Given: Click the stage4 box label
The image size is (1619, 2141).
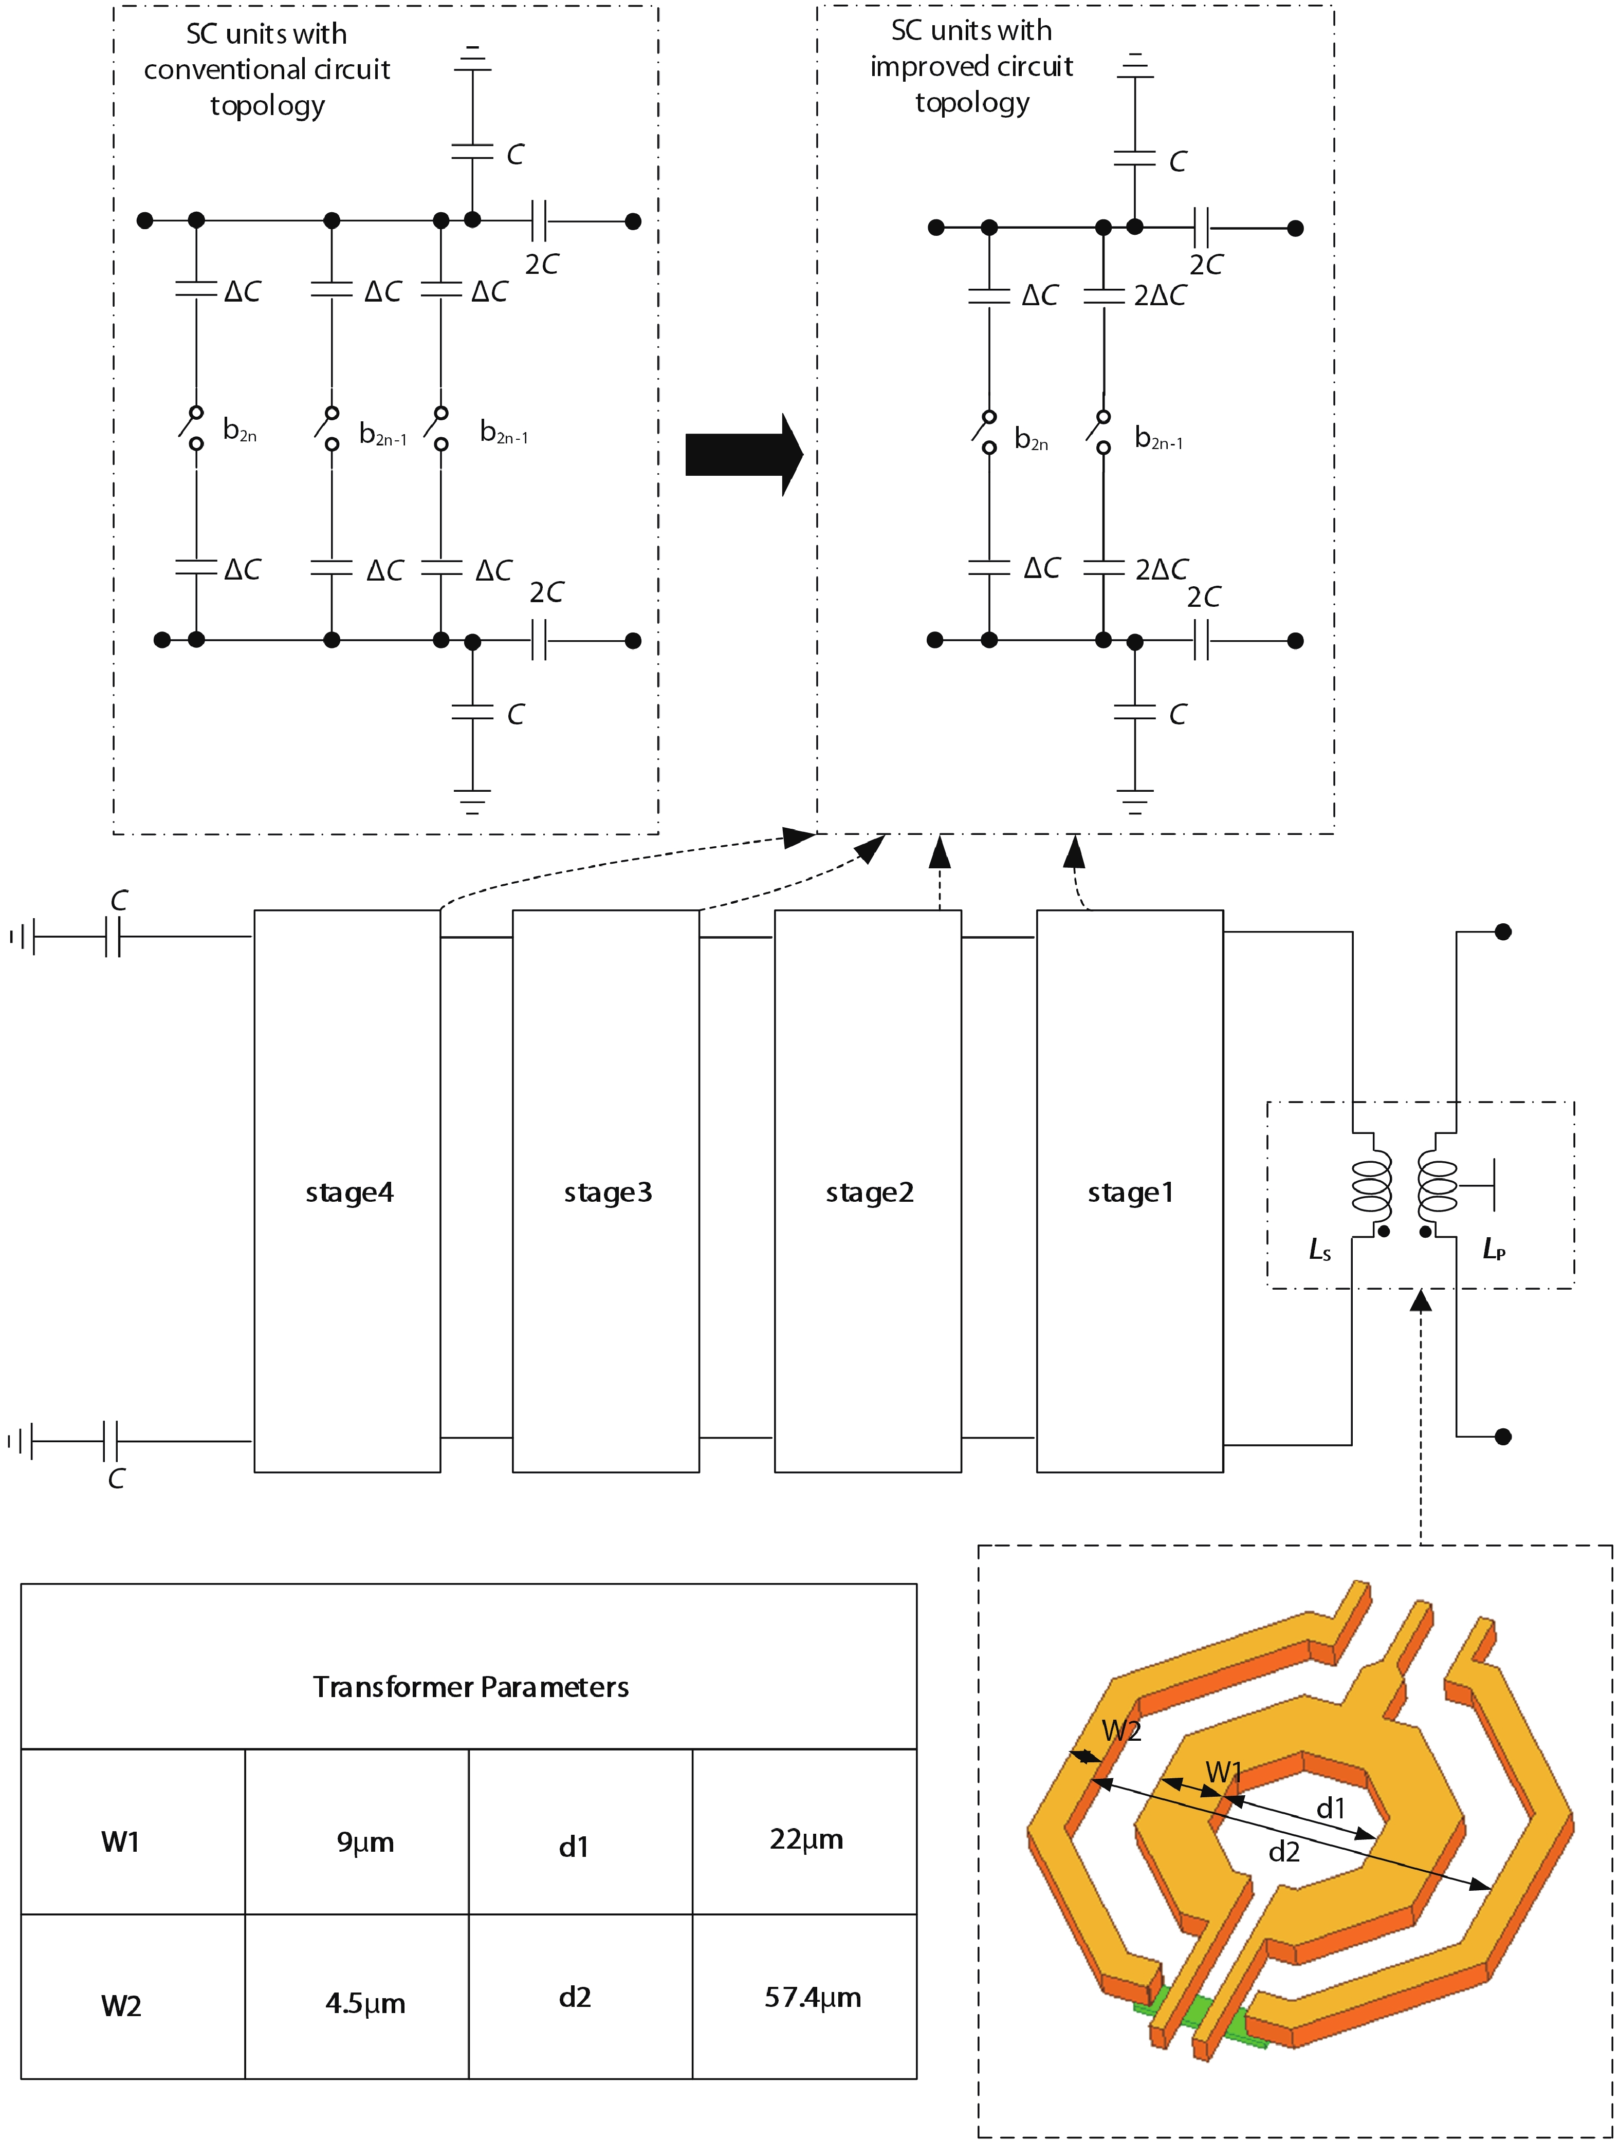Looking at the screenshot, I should tap(349, 1193).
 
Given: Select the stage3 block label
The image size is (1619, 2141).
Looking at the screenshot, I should tap(608, 1193).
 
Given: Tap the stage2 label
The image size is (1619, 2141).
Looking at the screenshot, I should tap(870, 1193).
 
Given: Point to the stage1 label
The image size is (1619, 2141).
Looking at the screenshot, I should tap(1130, 1193).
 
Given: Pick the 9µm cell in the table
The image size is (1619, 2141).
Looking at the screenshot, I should tap(365, 1842).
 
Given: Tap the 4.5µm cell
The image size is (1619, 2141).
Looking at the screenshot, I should tap(365, 2003).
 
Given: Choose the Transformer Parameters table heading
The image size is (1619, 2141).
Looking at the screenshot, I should tap(471, 1687).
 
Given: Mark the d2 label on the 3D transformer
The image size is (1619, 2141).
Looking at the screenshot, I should tap(1284, 1852).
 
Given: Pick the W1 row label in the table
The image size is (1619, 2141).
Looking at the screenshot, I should tap(121, 1842).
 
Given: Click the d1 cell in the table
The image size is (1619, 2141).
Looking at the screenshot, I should tap(574, 1847).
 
